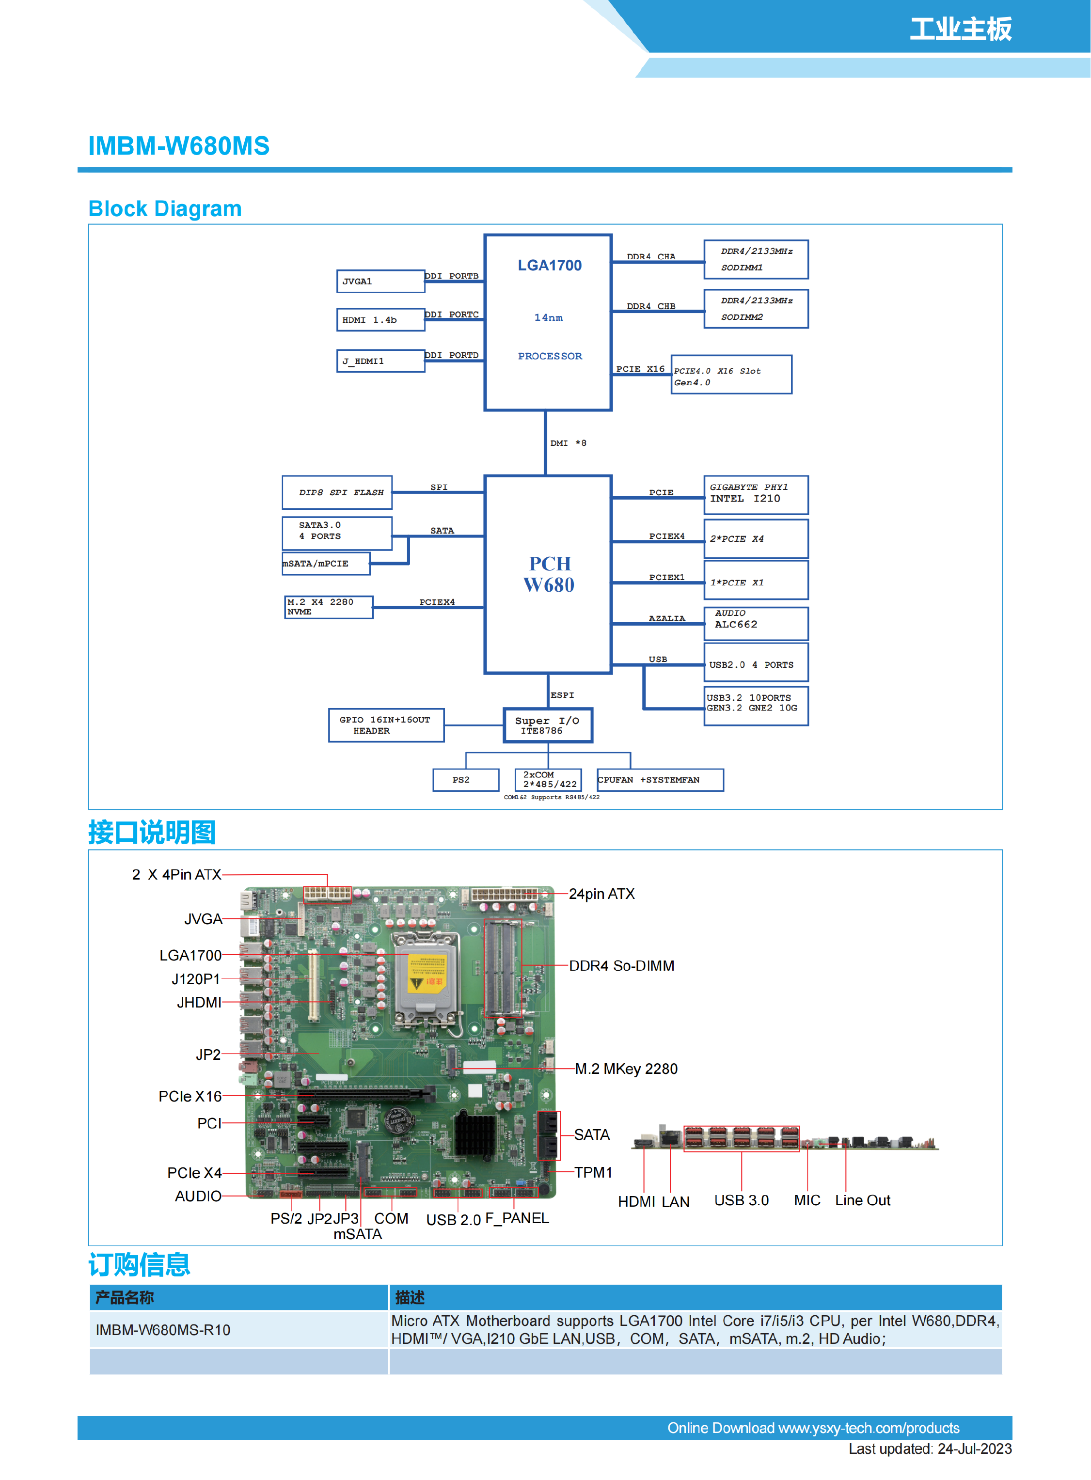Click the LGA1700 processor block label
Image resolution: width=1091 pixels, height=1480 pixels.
coord(550,266)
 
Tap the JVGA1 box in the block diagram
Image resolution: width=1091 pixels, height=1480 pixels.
coord(380,282)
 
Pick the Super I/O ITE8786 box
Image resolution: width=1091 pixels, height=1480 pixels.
coord(548,725)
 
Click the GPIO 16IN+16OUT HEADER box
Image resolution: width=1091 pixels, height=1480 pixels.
coord(386,725)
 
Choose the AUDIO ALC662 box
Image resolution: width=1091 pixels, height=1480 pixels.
coord(756,623)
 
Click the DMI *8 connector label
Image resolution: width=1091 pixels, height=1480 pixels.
coord(568,443)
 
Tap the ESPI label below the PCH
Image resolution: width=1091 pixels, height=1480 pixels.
coord(562,695)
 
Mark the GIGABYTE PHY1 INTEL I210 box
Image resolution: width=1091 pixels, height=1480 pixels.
coord(756,494)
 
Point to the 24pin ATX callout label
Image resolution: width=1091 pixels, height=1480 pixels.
coord(601,894)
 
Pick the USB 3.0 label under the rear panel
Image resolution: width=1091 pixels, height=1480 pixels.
coord(741,1200)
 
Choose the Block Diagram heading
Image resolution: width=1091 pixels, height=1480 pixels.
coord(165,209)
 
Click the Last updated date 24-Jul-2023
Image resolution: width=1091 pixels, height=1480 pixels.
coord(930,1449)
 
